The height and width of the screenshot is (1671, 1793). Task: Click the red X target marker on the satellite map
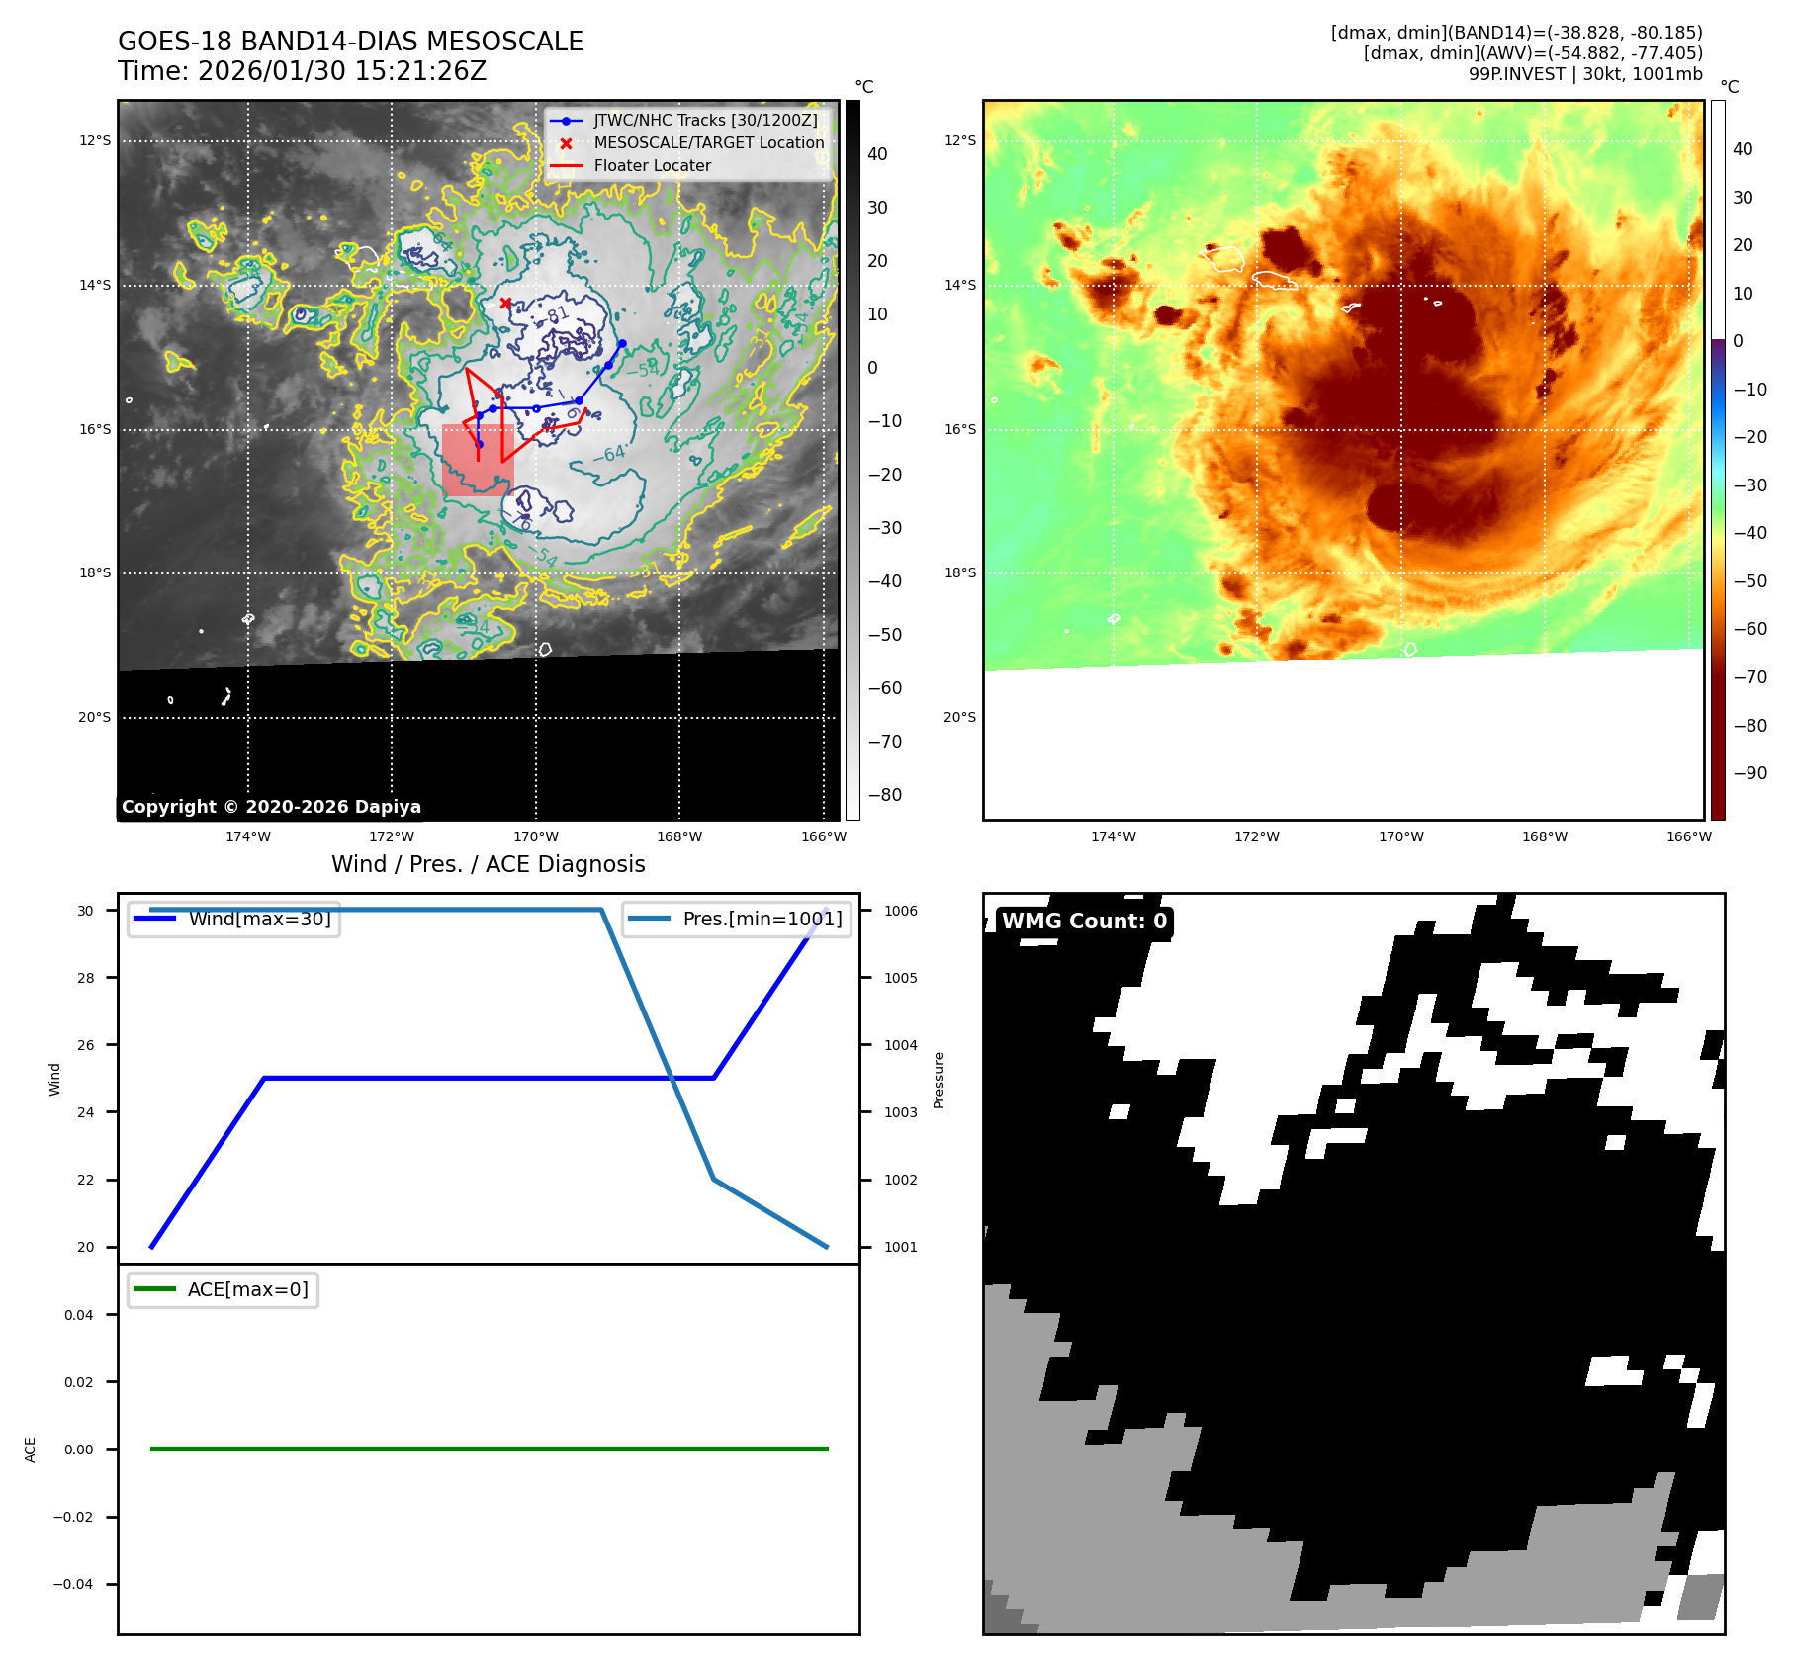click(x=505, y=303)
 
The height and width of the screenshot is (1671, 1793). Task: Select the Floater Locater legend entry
click(x=652, y=166)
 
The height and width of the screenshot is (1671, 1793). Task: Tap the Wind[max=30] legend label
click(x=259, y=919)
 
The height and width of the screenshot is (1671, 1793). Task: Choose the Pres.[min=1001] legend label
click(x=762, y=919)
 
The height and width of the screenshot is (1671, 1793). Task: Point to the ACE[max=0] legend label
click(x=247, y=1289)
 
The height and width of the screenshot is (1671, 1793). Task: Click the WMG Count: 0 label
click(x=1084, y=922)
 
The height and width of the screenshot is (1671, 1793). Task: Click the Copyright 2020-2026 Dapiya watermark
click(x=271, y=807)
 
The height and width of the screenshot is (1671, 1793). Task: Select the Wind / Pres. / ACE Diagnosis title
click(x=488, y=864)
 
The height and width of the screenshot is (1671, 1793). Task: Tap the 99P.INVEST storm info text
click(x=1584, y=74)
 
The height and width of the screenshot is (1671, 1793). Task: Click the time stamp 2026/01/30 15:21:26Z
click(x=341, y=72)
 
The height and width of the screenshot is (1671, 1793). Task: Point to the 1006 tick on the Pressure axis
click(x=900, y=911)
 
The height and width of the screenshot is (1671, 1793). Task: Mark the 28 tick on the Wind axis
click(x=86, y=978)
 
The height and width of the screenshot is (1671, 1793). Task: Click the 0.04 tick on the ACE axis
click(x=79, y=1315)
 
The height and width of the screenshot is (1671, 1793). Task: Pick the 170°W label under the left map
click(x=535, y=836)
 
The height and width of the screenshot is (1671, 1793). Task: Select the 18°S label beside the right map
click(x=959, y=572)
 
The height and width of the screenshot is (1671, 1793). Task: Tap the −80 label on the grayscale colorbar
click(x=884, y=795)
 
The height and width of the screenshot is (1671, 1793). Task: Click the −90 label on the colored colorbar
click(x=1749, y=773)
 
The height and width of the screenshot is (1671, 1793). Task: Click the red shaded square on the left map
click(x=478, y=460)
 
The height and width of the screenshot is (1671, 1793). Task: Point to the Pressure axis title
click(x=939, y=1080)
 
